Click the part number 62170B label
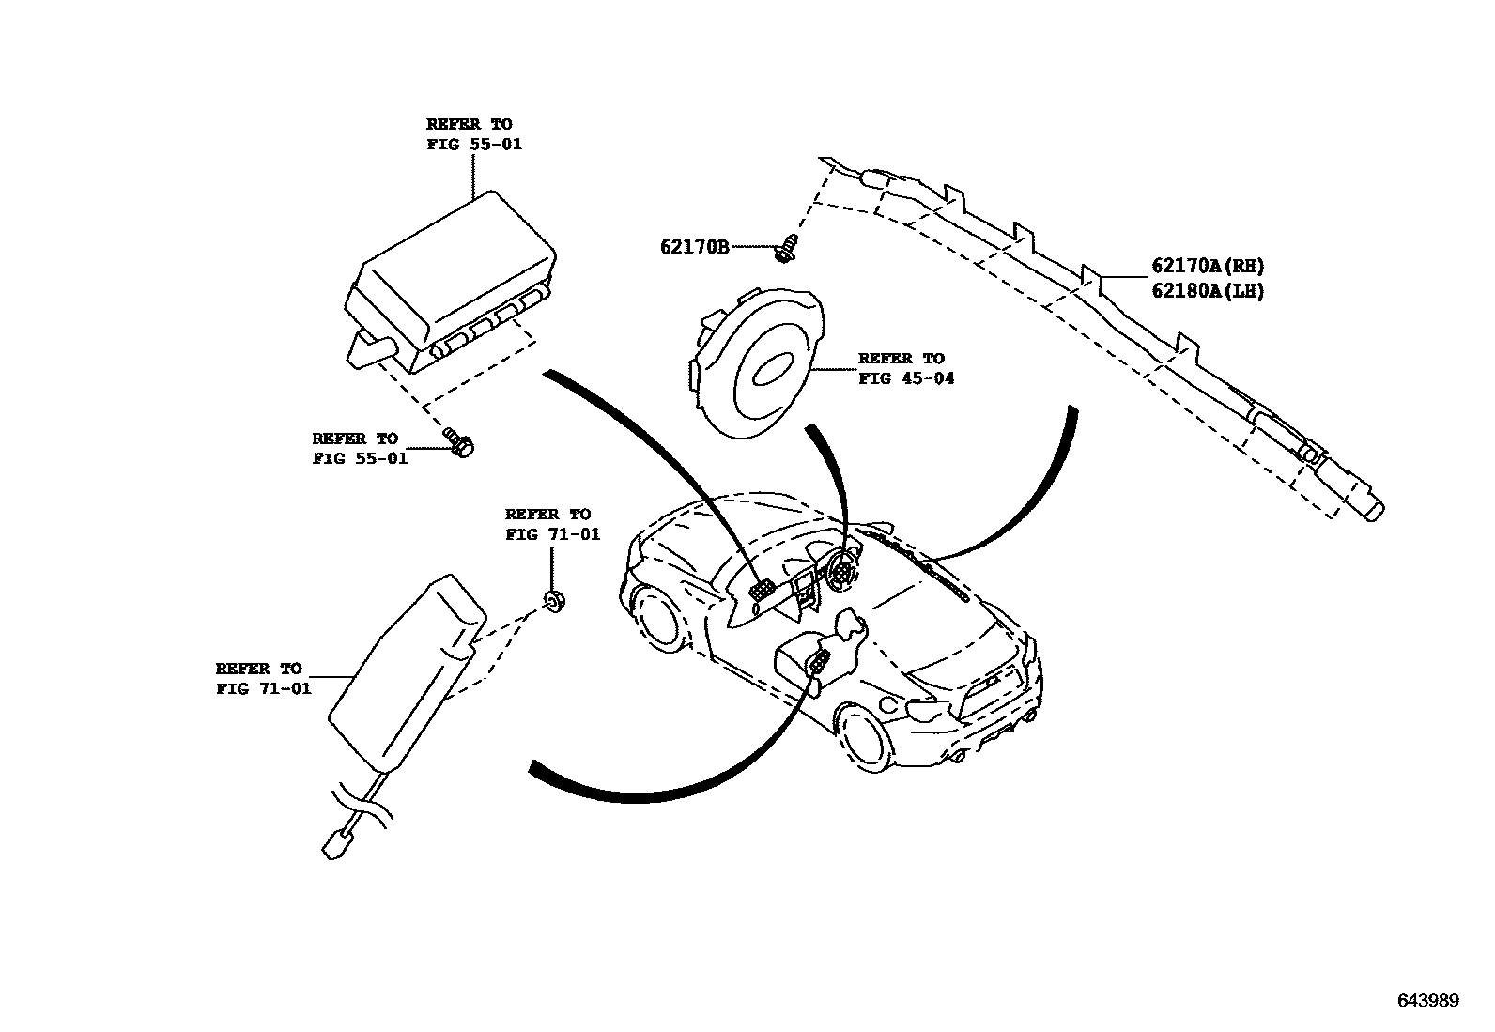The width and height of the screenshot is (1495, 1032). tap(694, 247)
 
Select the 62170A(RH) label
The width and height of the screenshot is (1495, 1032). tap(1208, 267)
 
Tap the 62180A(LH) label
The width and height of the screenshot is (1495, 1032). tap(1208, 292)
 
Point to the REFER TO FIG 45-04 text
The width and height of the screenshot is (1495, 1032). tap(905, 369)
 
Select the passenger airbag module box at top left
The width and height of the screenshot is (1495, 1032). tap(451, 277)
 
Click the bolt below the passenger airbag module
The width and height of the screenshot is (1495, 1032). tap(461, 442)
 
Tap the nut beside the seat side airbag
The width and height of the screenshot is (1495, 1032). tap(554, 601)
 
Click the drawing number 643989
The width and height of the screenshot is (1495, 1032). tap(1428, 1001)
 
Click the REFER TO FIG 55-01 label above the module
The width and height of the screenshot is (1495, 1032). tap(473, 134)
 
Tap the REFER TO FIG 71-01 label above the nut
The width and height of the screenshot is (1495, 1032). tap(551, 524)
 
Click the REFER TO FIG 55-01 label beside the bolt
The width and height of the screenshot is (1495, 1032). tap(359, 449)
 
